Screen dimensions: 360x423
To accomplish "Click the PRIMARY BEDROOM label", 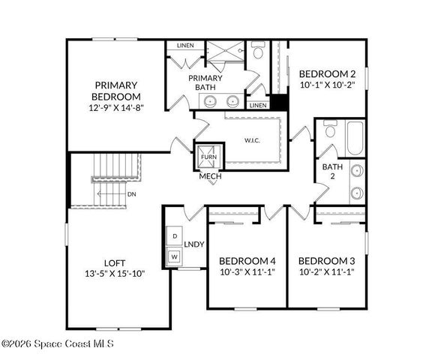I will pos(115,91).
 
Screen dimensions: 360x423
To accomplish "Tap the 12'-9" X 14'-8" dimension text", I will pos(115,108).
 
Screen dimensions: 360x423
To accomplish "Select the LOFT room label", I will pos(115,262).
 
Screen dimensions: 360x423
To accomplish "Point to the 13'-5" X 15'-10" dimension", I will pos(115,274).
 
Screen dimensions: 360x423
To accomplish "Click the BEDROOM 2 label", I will pos(327,74).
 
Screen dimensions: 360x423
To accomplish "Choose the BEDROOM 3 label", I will pos(327,261).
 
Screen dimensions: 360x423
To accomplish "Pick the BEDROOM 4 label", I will pos(247,261).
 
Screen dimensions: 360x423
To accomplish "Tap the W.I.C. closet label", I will pos(251,139).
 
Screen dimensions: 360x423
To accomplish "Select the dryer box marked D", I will pos(175,236).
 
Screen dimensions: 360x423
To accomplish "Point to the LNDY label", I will pos(194,244).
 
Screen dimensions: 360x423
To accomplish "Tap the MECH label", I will pos(209,177).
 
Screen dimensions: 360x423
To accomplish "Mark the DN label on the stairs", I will pos(131,194).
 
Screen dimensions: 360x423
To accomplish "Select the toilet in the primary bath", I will pos(257,52).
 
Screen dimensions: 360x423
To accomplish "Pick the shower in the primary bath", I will pos(226,50).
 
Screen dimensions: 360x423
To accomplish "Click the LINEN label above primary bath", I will pos(185,46).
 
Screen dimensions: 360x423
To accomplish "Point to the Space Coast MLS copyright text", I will pos(58,344).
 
